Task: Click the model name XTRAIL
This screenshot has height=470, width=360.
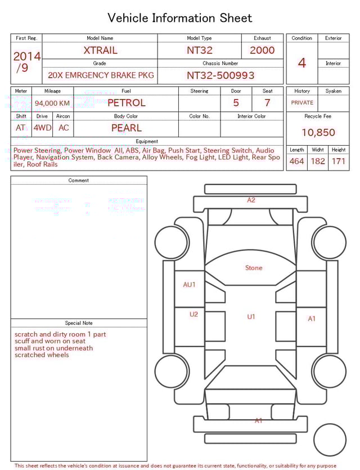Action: coord(100,50)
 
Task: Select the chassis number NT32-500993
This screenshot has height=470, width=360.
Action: coord(220,75)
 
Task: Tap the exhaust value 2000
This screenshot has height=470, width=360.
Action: coord(262,50)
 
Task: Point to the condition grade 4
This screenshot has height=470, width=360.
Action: coord(302,62)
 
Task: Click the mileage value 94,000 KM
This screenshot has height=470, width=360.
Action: coord(52,103)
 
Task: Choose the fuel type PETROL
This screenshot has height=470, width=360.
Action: coord(126,102)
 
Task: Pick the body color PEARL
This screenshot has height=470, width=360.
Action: coord(126,128)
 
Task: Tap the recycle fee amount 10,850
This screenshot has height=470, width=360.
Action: coord(318,132)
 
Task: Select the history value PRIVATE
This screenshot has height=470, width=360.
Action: coord(302,102)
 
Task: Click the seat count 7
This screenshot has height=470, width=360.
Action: coord(267,102)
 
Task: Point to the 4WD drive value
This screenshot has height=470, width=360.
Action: coord(42,128)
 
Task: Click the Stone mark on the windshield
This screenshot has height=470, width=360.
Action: coord(254,268)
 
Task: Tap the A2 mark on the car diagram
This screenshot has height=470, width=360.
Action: coord(251,200)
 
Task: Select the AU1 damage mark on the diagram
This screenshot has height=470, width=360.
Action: coord(190,284)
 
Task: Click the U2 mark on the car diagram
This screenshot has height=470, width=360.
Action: coord(193,314)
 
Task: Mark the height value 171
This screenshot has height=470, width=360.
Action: coord(339,161)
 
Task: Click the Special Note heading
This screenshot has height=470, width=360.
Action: coord(79,323)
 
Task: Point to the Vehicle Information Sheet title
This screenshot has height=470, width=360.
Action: coord(180,18)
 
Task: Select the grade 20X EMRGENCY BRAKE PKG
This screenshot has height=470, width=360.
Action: coord(101,75)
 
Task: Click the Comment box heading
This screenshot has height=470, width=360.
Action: coord(79,180)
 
